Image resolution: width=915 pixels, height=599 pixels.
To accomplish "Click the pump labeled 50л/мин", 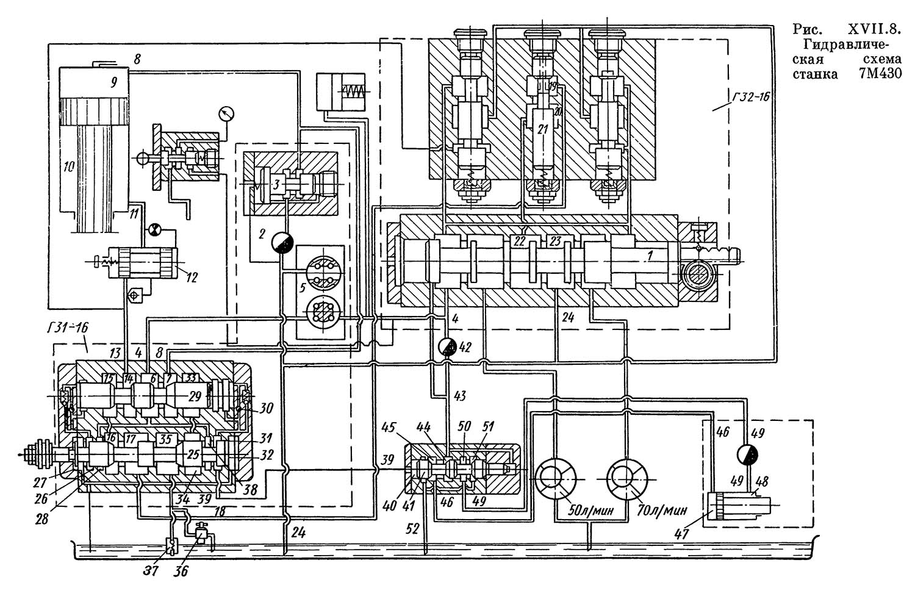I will (555, 479).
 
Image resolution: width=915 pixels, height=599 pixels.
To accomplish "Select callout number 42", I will (466, 348).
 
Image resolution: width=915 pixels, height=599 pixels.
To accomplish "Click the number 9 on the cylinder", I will (113, 81).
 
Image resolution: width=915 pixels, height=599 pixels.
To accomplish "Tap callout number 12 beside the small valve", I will (191, 278).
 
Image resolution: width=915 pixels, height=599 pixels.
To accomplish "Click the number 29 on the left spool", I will (195, 397).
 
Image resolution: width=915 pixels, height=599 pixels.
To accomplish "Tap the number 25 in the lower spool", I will (193, 454).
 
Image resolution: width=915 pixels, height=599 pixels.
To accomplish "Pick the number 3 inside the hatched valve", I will (276, 184).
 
